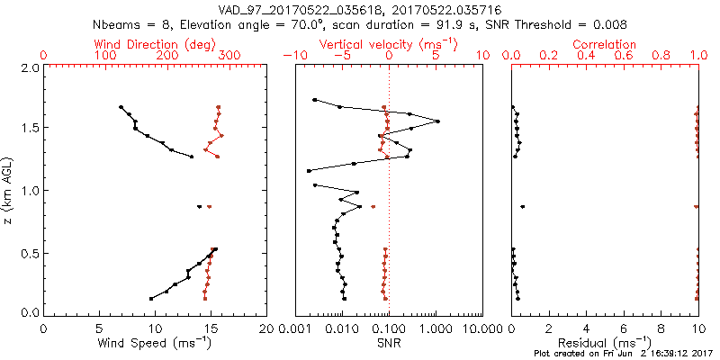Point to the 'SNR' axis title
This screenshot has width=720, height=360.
(388, 343)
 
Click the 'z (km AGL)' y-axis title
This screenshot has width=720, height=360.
(9, 190)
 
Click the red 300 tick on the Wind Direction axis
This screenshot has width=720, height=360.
(229, 56)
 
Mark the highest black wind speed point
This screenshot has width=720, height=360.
(121, 107)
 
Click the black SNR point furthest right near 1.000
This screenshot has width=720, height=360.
(438, 121)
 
